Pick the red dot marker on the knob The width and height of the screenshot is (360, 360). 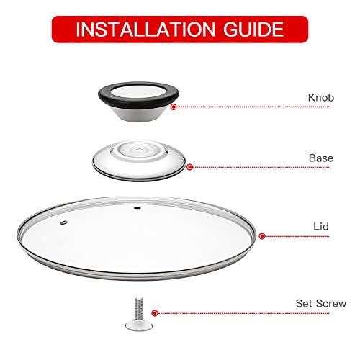174,106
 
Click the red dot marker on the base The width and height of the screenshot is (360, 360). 190,167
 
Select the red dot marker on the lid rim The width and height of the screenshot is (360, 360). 261,236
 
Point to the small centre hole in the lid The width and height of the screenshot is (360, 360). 137,210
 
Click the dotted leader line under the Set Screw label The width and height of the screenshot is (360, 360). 252,313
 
